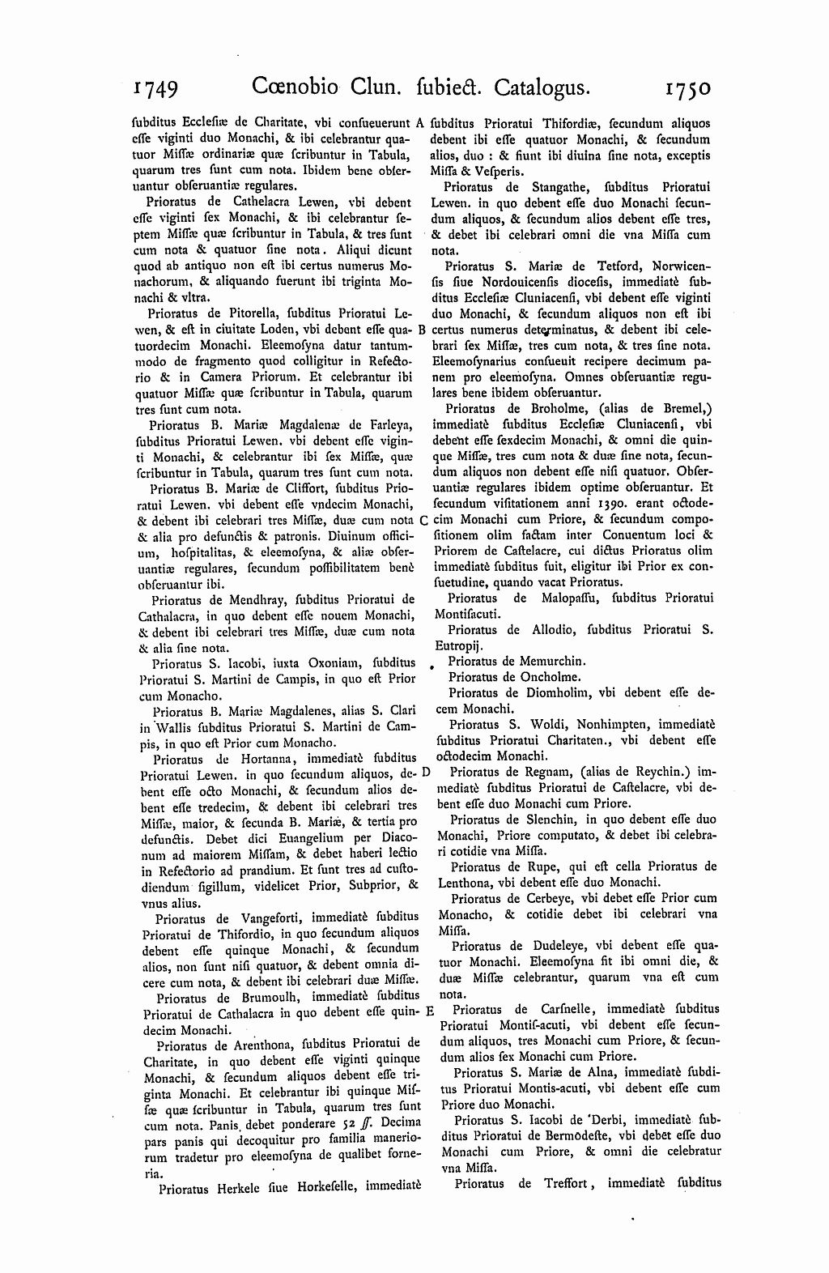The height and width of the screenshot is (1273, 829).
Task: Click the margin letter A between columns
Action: click(x=420, y=124)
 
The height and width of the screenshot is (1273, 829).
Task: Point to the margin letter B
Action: click(x=421, y=330)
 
